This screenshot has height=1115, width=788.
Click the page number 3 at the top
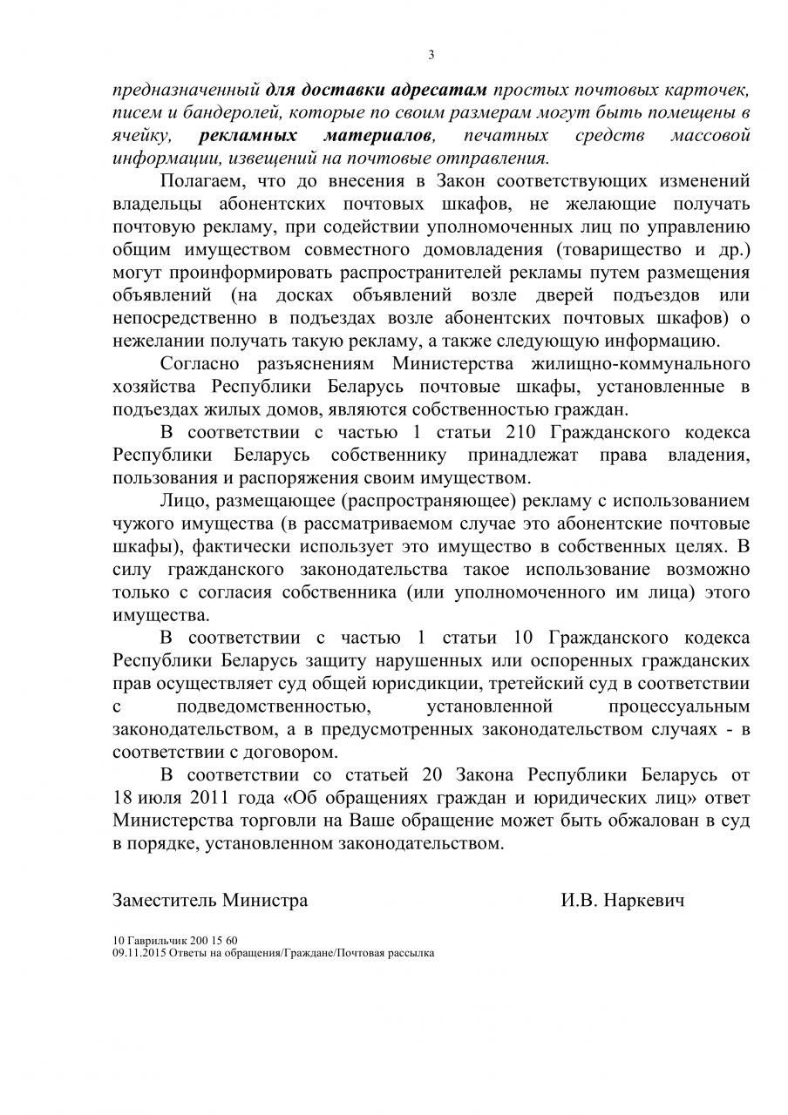click(x=431, y=55)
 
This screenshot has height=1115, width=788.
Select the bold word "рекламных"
click(x=249, y=136)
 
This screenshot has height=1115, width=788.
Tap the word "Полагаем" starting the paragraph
click(x=197, y=182)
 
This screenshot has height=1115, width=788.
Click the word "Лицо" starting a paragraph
click(x=181, y=502)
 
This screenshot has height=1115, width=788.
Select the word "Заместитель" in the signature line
click(x=165, y=901)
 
